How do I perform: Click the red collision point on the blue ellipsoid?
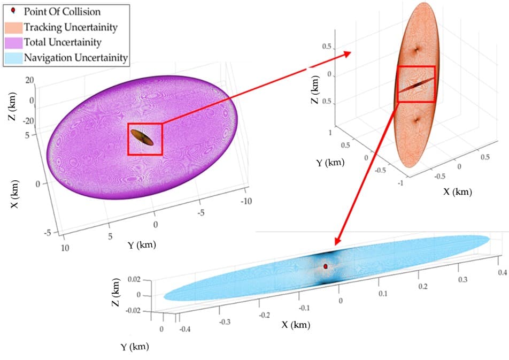point(325,266)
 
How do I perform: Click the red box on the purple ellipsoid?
point(144,139)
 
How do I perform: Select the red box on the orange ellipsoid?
point(417,84)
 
